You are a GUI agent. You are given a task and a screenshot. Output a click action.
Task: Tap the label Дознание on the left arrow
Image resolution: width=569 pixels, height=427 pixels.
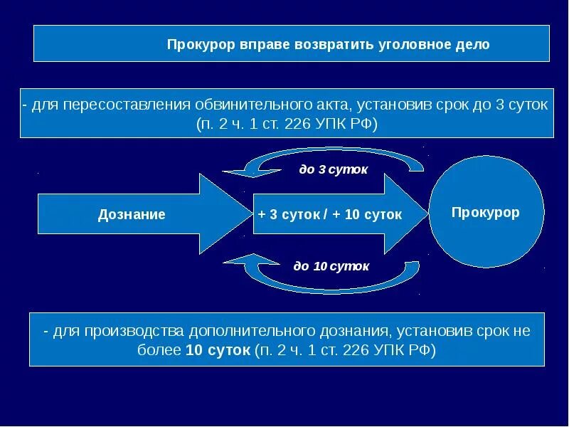click(132, 214)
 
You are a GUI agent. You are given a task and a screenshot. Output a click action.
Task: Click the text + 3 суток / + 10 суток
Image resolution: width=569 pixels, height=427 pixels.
click(330, 214)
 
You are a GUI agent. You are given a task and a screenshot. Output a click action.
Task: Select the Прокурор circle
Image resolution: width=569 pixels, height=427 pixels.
click(486, 212)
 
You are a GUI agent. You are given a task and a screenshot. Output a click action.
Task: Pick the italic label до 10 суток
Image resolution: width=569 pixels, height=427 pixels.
click(331, 266)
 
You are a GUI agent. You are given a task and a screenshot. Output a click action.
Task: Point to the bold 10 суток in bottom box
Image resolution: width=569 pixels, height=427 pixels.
click(218, 350)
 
